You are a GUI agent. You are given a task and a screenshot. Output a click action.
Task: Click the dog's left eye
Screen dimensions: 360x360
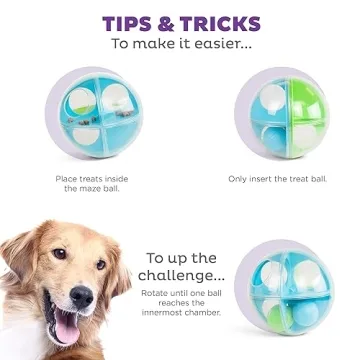[58, 255]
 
